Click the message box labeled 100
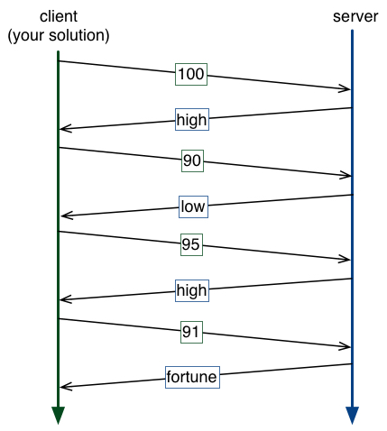(x=191, y=74)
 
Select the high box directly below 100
(x=192, y=119)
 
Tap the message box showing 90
(x=192, y=160)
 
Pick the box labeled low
(x=193, y=206)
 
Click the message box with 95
(x=191, y=244)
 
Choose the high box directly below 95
(x=192, y=290)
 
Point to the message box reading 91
(x=191, y=332)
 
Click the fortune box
(x=192, y=377)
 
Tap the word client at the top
(x=59, y=16)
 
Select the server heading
(x=355, y=16)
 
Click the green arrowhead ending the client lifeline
(x=58, y=416)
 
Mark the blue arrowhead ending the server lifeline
(x=352, y=416)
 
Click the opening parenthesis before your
(x=10, y=36)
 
